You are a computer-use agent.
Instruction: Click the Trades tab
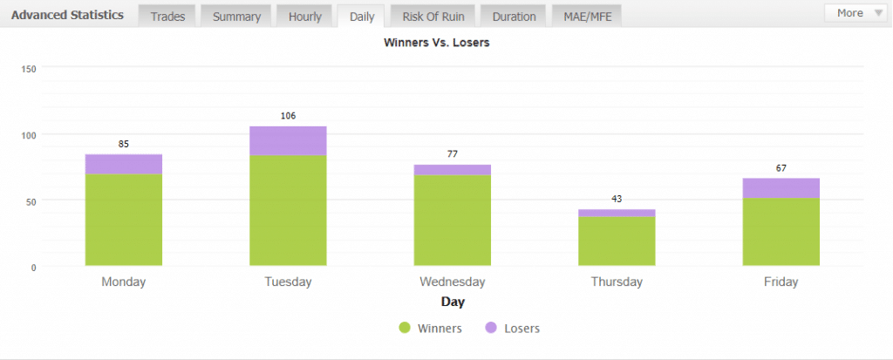[167, 16]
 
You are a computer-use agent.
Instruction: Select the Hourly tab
[305, 16]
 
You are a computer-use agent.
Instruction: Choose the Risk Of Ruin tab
[433, 16]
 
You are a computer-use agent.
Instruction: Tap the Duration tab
[514, 16]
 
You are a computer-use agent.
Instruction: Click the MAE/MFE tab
[587, 16]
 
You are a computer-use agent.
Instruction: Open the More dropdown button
[854, 13]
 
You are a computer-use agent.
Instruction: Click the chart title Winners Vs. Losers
[437, 42]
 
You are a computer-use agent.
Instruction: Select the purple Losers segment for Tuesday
[288, 140]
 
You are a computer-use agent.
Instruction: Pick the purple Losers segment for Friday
[781, 188]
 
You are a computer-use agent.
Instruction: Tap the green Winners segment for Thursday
[617, 241]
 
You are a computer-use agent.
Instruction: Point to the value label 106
[289, 116]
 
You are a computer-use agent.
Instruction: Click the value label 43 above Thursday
[617, 199]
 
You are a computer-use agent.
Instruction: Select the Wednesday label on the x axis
[452, 282]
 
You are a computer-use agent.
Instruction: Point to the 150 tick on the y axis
[27, 69]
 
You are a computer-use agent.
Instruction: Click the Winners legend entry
[430, 329]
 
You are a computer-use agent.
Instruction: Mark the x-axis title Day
[453, 302]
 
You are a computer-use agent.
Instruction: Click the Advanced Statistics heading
[67, 16]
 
